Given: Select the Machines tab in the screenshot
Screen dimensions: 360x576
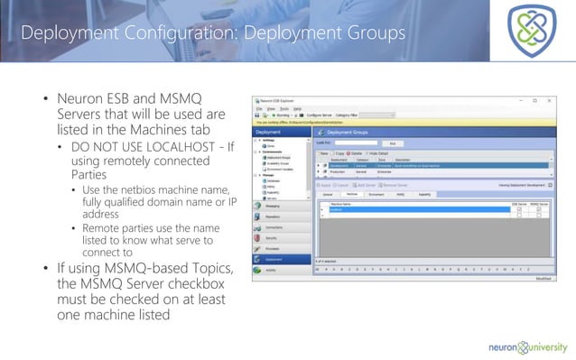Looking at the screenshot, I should point(353,192).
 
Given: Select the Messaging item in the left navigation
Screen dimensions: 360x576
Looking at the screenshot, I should point(273,205).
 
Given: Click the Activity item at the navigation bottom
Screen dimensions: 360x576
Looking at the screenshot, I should point(271,269).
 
